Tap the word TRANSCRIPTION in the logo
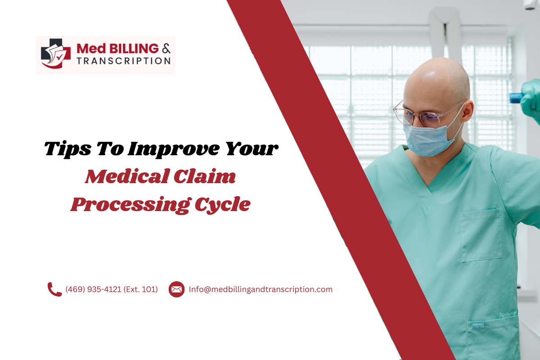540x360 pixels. pos(124,61)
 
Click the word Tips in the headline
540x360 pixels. pos(64,149)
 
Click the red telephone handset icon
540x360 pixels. pos(54,289)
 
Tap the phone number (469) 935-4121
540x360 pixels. pos(93,289)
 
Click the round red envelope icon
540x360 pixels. pos(176,289)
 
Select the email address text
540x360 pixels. pos(261,289)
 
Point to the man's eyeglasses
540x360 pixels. pos(416,113)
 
